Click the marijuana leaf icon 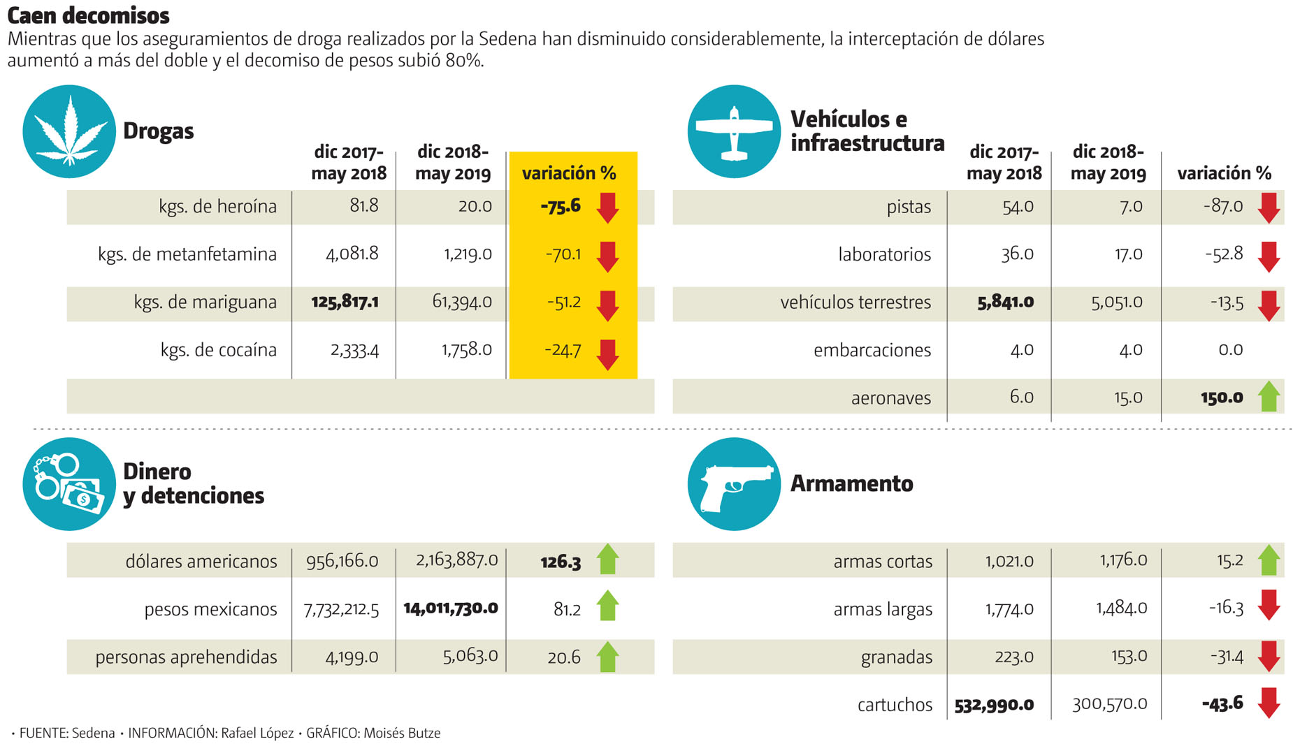tap(69, 131)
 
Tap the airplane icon tap(734, 132)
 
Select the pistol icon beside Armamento tap(734, 484)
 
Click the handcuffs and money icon tap(69, 484)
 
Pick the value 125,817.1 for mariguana tap(345, 302)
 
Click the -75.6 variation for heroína tap(561, 206)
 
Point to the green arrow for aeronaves tap(1269, 397)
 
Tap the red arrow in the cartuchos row tap(1269, 703)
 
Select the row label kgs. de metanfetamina tap(187, 254)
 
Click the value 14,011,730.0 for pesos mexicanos tap(451, 608)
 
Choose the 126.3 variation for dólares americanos tap(561, 562)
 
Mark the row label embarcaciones tap(872, 350)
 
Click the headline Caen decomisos tap(89, 15)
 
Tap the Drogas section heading tap(158, 131)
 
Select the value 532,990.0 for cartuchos tap(994, 705)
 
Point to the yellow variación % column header tap(569, 173)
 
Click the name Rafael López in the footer tap(257, 733)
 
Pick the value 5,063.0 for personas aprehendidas tap(470, 656)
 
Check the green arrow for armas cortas tap(1269, 560)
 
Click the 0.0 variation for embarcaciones tap(1231, 349)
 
